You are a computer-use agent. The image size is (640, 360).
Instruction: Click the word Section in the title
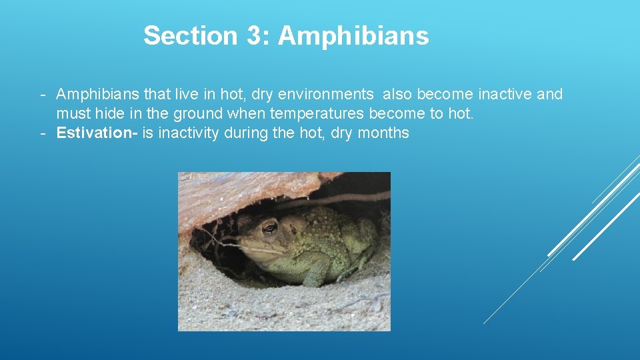(190, 36)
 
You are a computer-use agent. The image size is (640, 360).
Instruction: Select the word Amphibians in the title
(353, 36)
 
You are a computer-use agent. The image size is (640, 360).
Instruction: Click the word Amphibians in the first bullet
(98, 95)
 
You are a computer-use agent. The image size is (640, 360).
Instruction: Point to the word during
(247, 133)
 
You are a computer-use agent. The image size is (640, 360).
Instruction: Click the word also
(397, 95)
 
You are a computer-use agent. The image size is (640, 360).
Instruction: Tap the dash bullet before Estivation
(42, 133)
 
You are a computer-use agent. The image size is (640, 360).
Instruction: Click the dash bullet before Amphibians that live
(42, 95)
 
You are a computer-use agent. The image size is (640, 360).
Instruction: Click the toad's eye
(269, 229)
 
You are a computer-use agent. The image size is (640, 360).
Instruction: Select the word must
(73, 114)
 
